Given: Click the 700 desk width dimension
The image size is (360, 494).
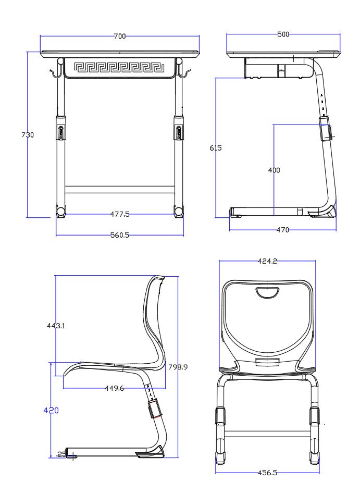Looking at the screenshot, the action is pos(120,36).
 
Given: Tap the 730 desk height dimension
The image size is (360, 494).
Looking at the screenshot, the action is pos(28,135).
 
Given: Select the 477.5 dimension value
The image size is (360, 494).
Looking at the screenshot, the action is pos(120,214).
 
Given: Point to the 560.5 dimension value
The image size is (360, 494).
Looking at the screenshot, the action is pos(120,235).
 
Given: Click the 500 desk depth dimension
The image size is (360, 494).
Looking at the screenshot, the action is pos(283,34).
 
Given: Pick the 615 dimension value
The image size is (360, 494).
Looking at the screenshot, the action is pos(216,148).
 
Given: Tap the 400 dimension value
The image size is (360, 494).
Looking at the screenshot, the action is pos(274,170).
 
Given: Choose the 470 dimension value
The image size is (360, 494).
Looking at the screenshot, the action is pos(283,230).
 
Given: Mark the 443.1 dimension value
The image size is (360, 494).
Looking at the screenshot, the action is pos(56,326).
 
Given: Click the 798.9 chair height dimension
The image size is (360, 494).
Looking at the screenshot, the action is pos(178,367).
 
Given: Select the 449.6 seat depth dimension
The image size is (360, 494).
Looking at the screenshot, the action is pos(114,388).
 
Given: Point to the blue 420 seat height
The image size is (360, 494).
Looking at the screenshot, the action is pos(51,410).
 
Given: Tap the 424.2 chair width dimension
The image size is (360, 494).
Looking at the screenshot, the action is pos(267,261).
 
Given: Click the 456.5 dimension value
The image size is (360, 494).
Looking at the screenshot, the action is pos(267,473).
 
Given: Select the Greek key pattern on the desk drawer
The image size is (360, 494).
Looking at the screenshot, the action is pos(119,67).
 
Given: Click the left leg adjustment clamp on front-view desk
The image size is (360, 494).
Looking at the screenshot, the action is pos(61,128).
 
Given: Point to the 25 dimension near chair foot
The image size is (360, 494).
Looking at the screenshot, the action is pos(62,454).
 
